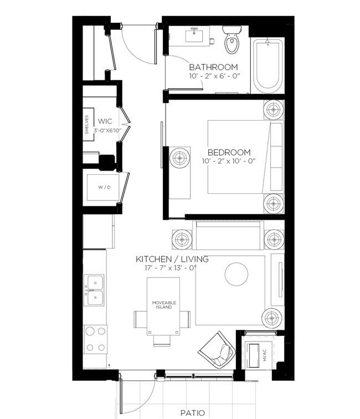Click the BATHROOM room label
coord(213,67)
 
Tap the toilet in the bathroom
coord(232,39)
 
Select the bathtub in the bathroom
coord(268,65)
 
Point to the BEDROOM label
coord(229,152)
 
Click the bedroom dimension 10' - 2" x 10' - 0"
coord(229,161)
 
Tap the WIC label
coord(105,121)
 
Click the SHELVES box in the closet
coord(88,125)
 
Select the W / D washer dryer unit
coord(103,187)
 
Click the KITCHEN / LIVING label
coord(172,259)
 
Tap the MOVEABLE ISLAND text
coord(164,305)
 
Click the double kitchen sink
coord(94,290)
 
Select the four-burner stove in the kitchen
coord(95,339)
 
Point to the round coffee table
coord(236,274)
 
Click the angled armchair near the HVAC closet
coord(217,350)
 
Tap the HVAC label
coord(265,355)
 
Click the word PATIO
coord(193,413)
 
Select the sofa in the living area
coord(228,235)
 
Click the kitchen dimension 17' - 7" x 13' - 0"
coord(171,268)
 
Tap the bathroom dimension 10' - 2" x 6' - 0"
coord(214,76)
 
